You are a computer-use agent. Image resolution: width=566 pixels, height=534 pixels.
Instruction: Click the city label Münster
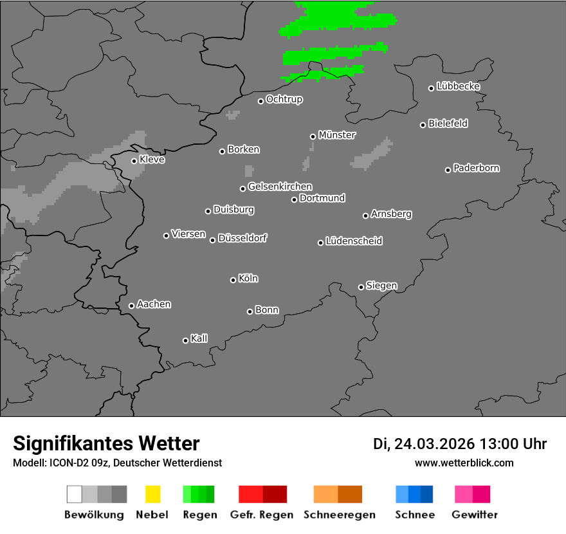[x=337, y=135]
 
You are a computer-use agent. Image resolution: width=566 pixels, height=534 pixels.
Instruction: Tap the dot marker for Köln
[x=233, y=280]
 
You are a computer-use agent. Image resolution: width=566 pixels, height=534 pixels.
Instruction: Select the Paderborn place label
[x=477, y=169]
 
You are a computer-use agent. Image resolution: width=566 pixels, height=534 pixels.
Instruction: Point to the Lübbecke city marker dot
[x=432, y=88]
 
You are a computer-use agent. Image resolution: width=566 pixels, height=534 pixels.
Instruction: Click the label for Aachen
[x=154, y=304]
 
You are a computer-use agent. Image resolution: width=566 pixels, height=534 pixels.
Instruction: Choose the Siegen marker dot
[x=361, y=287]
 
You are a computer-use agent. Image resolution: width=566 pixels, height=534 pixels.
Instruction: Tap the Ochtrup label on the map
[x=284, y=100]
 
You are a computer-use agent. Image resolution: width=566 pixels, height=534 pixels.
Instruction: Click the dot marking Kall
[x=185, y=340]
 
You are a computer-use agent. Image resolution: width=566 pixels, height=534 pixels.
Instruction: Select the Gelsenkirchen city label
[x=280, y=187]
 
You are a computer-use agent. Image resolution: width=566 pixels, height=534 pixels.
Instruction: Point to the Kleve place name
[x=152, y=160]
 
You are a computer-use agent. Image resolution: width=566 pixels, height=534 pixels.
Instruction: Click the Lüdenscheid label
[x=354, y=241]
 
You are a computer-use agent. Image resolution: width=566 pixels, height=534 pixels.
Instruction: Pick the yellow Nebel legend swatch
[x=152, y=494]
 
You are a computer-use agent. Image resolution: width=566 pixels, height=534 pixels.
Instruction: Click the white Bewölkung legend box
[x=74, y=494]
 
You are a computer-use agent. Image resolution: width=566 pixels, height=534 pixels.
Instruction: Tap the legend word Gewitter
[x=475, y=515]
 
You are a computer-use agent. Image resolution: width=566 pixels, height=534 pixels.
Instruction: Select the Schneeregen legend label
[x=340, y=515]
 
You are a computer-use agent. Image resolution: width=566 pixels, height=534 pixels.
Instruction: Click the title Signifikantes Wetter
[x=106, y=443]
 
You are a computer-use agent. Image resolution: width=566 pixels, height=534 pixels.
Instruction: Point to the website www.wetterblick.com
[x=464, y=463]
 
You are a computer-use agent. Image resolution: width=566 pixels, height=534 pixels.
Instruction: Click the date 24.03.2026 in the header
[x=435, y=444]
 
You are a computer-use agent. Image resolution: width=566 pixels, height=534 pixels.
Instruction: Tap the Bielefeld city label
[x=448, y=124]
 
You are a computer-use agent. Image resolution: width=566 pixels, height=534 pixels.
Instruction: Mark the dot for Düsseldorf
[x=212, y=240]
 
